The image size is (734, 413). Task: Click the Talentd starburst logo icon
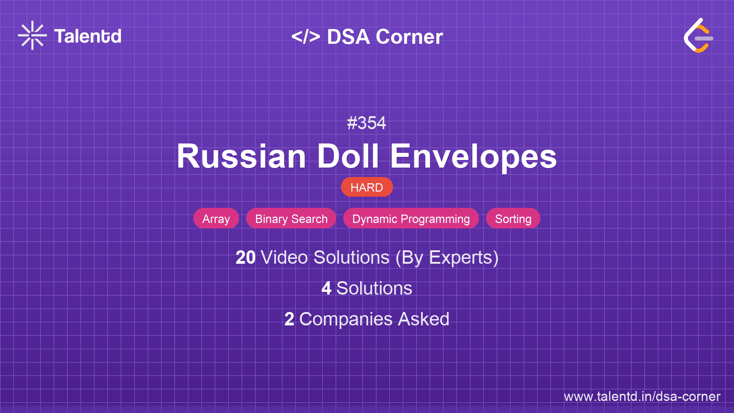coord(32,35)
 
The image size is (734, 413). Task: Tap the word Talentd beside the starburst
coord(88,36)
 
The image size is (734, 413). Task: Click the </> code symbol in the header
coord(306,37)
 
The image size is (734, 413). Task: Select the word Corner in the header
coord(409,37)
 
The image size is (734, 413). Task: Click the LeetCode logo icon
coord(698,36)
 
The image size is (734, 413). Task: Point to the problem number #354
coord(367,123)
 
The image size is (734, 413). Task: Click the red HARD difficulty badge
coord(367,187)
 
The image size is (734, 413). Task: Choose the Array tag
coord(216,218)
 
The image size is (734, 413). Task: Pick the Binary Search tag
coord(291,218)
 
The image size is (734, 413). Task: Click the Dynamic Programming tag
coord(411,218)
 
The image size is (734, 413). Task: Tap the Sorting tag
coord(513,218)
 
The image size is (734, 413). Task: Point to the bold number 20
coord(245,257)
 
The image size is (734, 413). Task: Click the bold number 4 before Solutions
coord(326,288)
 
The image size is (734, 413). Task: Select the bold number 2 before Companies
coord(289,319)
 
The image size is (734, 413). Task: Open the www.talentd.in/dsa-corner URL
coord(642,396)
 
